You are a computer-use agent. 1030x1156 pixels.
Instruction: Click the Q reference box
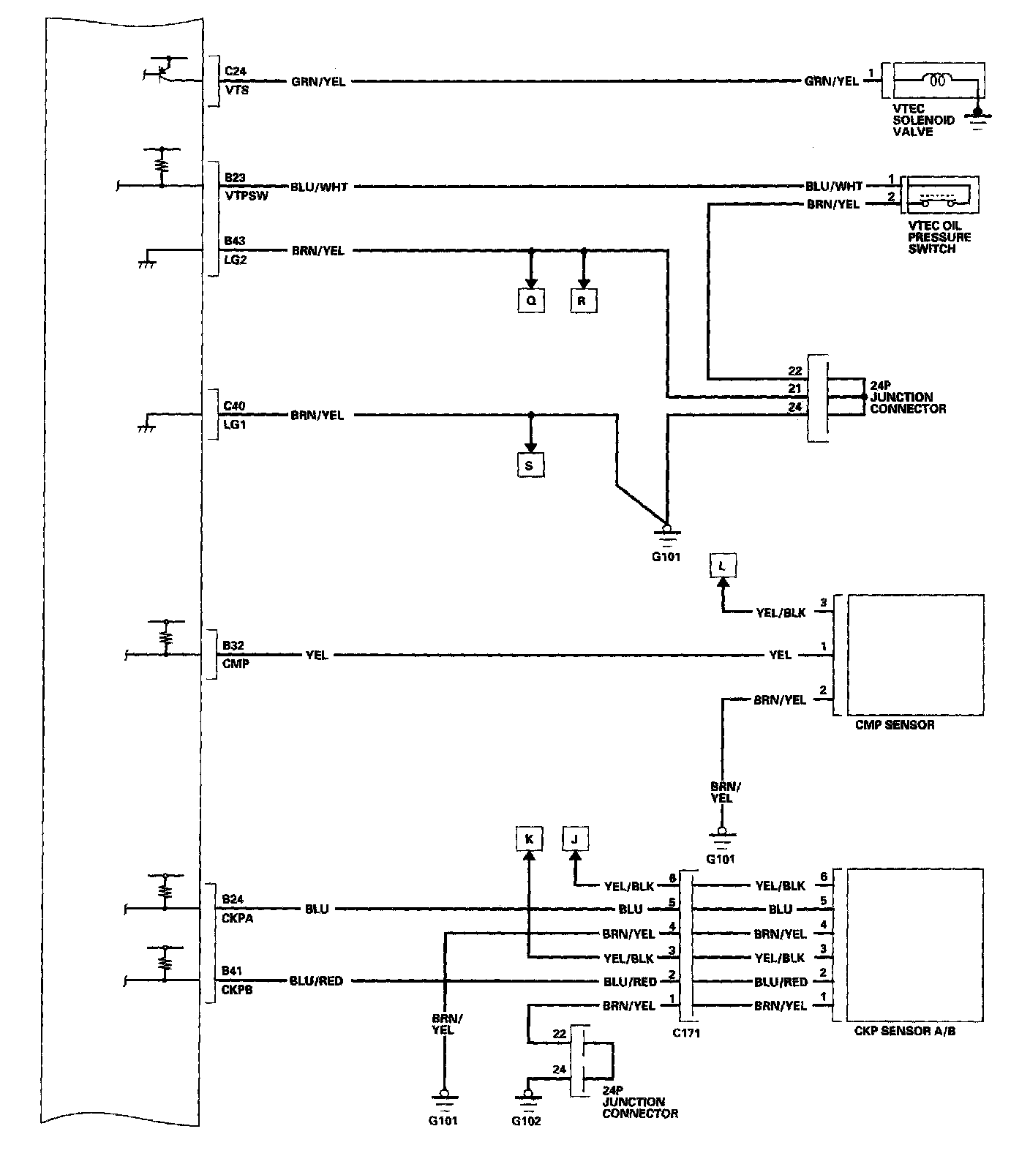[531, 301]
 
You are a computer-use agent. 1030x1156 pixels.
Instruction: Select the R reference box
[583, 301]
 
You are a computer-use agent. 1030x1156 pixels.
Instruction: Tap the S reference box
[530, 465]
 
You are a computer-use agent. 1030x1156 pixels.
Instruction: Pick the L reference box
[723, 566]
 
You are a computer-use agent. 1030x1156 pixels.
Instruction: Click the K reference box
[528, 839]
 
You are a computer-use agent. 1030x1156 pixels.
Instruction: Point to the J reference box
[575, 839]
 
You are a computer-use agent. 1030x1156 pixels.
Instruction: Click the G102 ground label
[526, 1121]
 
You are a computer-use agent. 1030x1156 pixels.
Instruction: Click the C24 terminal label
[236, 71]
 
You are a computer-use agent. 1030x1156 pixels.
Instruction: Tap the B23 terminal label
[236, 177]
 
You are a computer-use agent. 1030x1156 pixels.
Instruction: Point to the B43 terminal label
[236, 241]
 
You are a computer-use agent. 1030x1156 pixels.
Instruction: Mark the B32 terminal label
[234, 645]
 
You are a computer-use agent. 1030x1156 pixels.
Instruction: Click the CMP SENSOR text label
[894, 725]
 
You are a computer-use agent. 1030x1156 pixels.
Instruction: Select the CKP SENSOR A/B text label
[904, 1031]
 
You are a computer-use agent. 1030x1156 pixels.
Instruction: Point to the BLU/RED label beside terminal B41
[316, 980]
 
